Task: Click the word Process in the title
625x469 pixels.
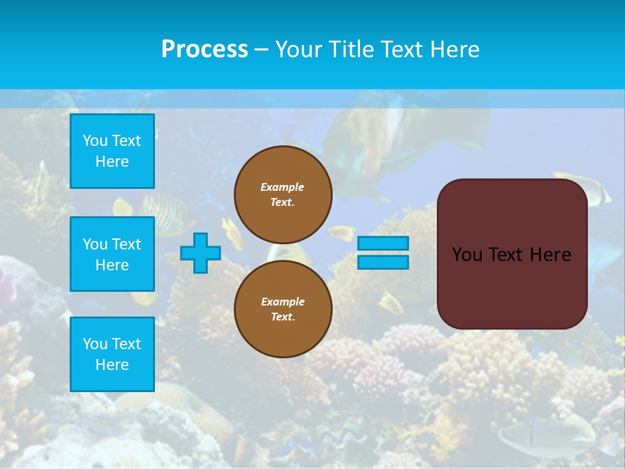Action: tap(204, 50)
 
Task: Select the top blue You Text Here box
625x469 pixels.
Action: tap(112, 151)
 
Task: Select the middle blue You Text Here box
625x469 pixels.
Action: tap(112, 254)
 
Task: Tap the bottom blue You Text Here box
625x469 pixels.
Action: tap(112, 354)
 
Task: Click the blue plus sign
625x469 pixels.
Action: tap(201, 253)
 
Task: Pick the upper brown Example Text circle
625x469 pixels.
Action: tap(283, 195)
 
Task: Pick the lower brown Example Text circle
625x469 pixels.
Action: tap(283, 309)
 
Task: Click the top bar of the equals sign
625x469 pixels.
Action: tap(383, 243)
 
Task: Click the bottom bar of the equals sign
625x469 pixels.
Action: tap(383, 262)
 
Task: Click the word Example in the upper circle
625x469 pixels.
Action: tap(283, 187)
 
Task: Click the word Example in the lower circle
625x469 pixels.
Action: tap(283, 302)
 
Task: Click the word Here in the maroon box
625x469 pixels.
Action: tap(551, 255)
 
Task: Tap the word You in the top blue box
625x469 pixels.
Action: tap(95, 141)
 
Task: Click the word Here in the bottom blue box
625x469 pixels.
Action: tap(112, 365)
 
